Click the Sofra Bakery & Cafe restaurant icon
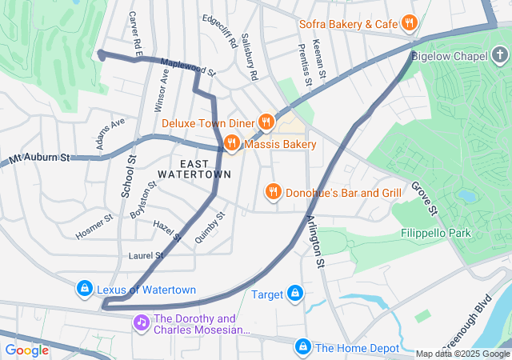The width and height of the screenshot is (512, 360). pos(409,23)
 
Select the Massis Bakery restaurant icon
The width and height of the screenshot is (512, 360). pos(232,144)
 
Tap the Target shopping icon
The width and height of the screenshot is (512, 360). pos(295,294)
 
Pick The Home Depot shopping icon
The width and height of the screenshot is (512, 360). pos(302,347)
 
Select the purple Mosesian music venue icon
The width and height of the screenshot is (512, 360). pos(141,322)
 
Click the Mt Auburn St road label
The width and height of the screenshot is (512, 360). pos(40,158)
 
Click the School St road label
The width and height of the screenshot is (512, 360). pos(128,176)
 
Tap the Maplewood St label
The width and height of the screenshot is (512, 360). pos(188,67)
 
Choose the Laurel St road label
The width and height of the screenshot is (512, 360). pos(146,256)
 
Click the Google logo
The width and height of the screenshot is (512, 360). pos(26,350)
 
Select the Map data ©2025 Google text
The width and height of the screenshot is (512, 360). pos(462,354)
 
